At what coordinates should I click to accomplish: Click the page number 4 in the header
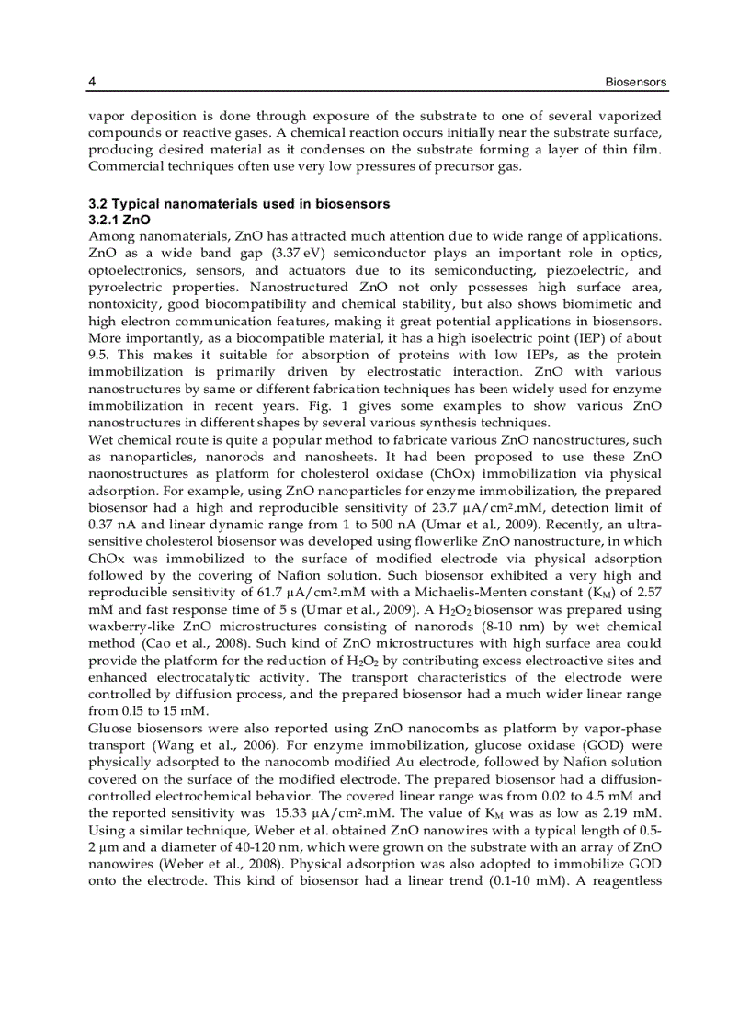[x=92, y=83]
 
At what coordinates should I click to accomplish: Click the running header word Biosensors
[x=635, y=83]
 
